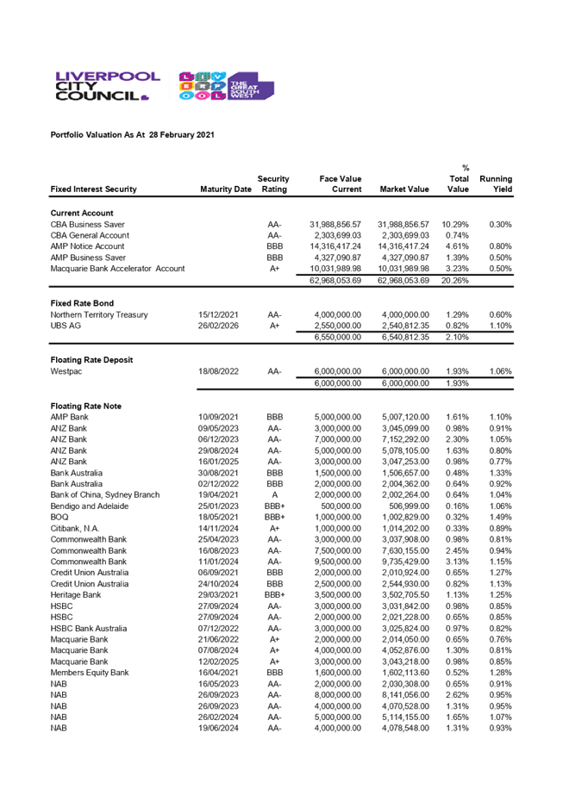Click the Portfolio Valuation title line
(132, 135)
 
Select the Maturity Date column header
(225, 189)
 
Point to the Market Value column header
(403, 189)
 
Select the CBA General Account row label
(90, 235)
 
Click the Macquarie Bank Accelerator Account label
(117, 269)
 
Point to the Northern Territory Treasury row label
(99, 315)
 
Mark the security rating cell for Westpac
(274, 372)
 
